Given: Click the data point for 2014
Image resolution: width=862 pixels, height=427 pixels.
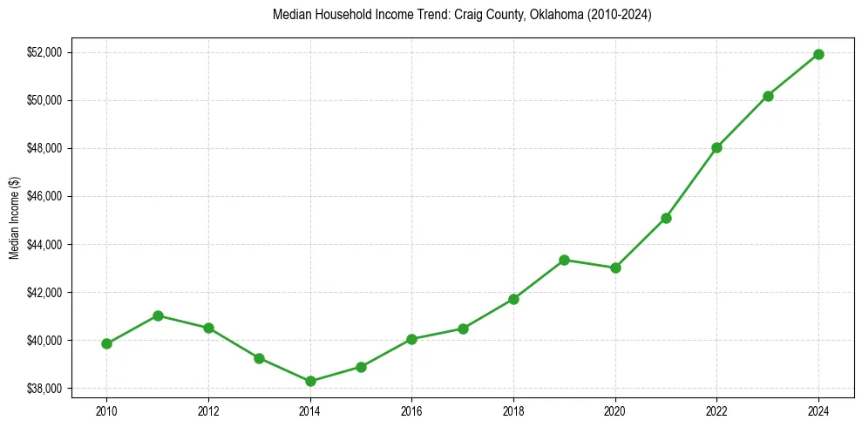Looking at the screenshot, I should [310, 381].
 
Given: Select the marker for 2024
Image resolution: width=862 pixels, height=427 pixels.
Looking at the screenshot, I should [818, 54].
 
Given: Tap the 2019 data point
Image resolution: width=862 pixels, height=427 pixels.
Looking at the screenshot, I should [564, 260].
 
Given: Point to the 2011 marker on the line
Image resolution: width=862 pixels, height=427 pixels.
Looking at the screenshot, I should [158, 315].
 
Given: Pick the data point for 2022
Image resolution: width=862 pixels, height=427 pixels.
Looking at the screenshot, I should [716, 147].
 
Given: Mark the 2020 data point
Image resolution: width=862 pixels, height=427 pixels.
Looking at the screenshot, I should [615, 268].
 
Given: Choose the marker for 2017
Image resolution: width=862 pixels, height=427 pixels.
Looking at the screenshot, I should [463, 329].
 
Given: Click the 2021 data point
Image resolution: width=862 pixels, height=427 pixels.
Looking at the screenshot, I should [666, 218].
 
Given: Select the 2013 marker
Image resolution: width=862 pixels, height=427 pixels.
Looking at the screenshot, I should [259, 358].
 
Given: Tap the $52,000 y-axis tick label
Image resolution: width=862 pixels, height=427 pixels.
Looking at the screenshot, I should [45, 52].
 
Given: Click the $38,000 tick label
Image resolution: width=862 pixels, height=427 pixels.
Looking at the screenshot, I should [45, 388].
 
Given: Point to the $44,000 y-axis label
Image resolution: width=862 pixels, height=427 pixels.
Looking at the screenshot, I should [45, 244].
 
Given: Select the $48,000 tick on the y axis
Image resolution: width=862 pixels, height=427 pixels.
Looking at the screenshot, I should [45, 148].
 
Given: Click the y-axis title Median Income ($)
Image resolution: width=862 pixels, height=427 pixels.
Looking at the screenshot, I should [14, 218].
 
